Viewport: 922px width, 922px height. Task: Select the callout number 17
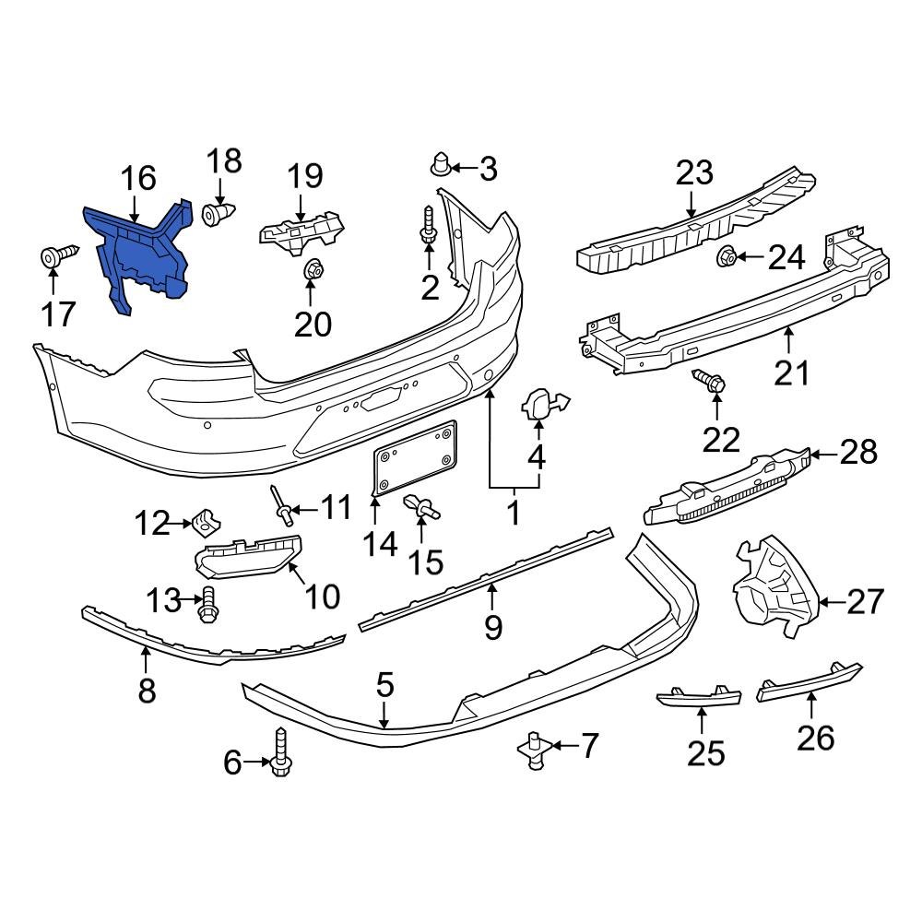point(57,315)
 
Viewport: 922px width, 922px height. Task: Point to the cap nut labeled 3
point(442,167)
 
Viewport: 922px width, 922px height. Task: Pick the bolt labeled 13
point(207,601)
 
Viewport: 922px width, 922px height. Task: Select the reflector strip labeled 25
point(698,697)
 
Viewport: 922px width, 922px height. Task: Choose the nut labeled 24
point(727,256)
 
